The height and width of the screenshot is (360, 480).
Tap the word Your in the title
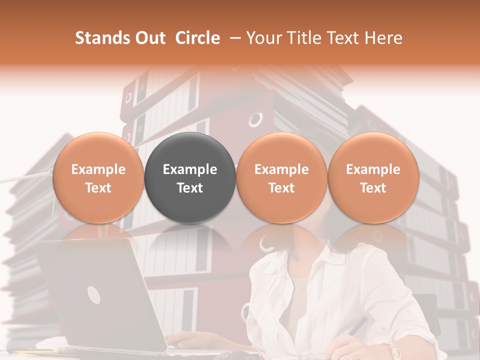(x=263, y=38)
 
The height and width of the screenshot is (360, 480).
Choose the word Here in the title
(x=384, y=38)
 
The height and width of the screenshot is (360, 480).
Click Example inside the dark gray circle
(x=190, y=169)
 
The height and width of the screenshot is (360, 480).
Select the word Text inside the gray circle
(x=190, y=188)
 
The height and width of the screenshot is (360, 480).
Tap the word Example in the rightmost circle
(x=373, y=169)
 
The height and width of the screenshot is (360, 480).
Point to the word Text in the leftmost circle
(x=98, y=188)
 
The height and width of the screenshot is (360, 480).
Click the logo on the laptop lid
(x=94, y=294)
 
